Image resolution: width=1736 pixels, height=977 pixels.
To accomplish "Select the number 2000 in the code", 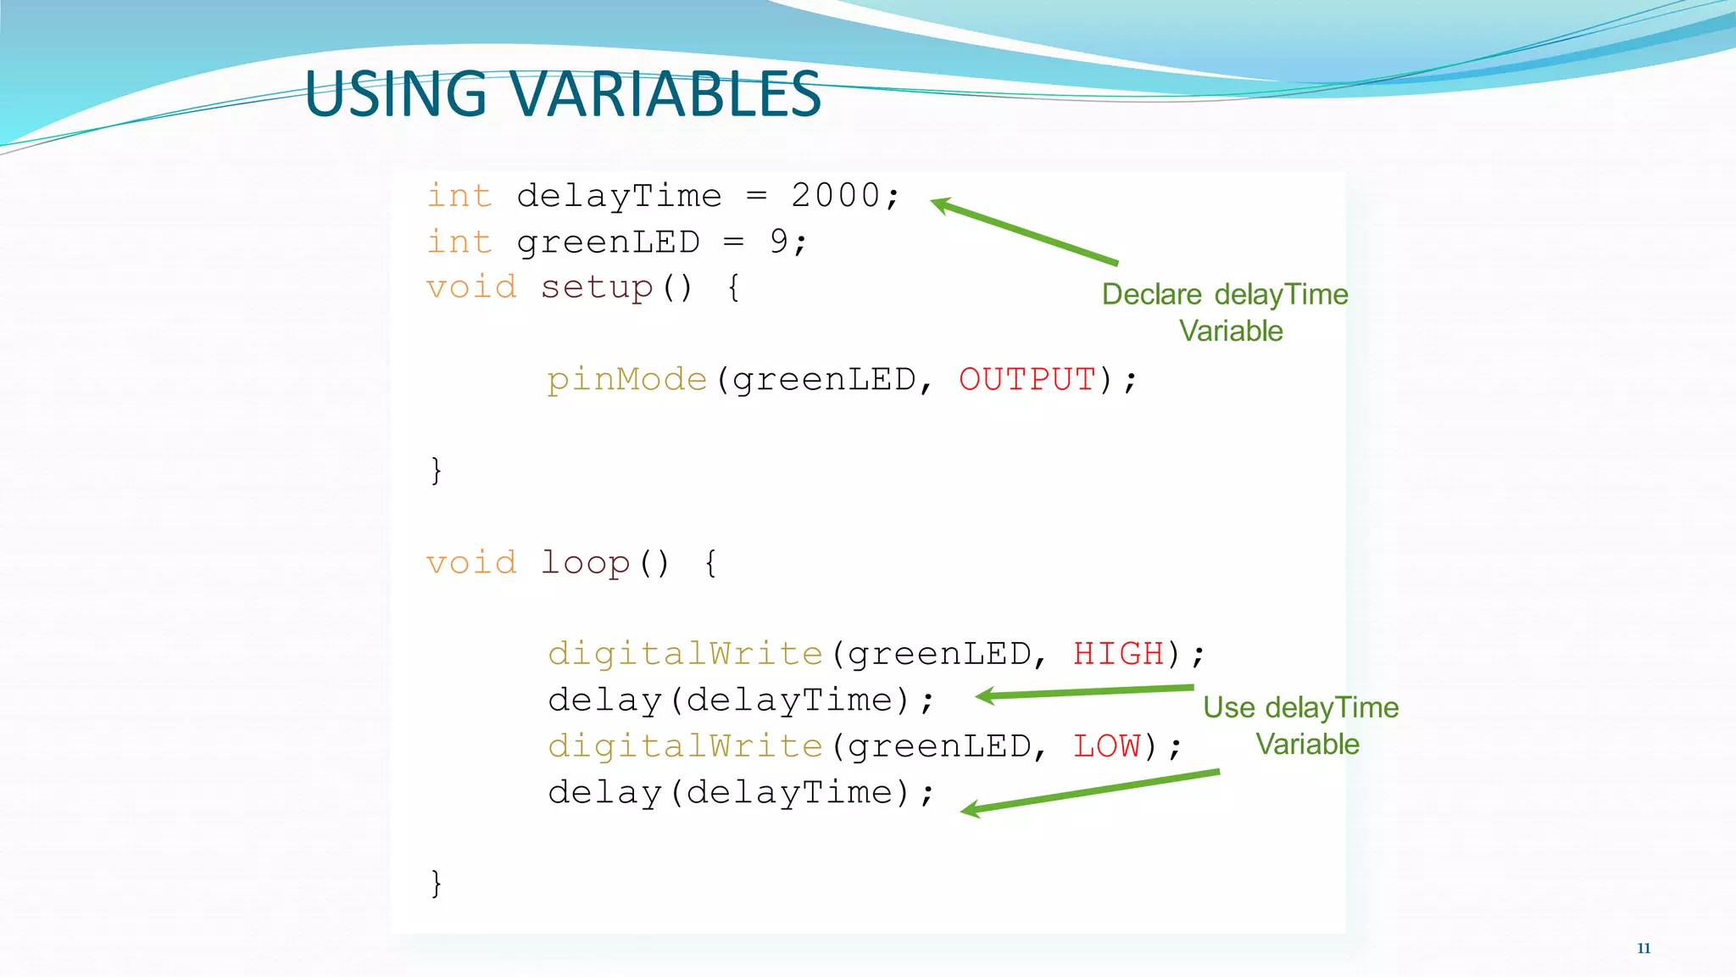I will (x=836, y=196).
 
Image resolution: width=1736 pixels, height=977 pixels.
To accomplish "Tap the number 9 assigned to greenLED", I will (x=779, y=242).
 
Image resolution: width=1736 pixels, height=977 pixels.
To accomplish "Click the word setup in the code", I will (x=597, y=288).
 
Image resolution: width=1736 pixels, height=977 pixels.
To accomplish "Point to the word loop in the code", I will (x=585, y=563).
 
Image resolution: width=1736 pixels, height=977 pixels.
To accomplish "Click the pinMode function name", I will (x=626, y=379).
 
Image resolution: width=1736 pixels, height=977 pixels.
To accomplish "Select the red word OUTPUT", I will (x=1027, y=379).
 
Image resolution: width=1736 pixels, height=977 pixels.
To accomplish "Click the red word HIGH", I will (x=1118, y=654).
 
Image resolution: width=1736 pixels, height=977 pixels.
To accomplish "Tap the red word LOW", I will (x=1107, y=746).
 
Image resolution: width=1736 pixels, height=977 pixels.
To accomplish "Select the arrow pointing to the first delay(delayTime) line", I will (x=1084, y=692).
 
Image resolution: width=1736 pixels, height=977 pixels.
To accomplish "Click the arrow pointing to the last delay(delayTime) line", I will (x=1090, y=791).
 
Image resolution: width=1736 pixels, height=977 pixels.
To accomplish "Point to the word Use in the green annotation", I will (x=1228, y=707).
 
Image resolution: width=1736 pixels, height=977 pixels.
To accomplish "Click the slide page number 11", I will (x=1644, y=948).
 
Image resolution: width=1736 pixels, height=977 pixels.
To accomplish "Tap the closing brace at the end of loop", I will (x=436, y=883).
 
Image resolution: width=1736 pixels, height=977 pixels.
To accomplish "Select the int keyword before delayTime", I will (x=459, y=196).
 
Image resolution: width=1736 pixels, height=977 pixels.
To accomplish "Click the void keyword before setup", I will (x=471, y=288).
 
